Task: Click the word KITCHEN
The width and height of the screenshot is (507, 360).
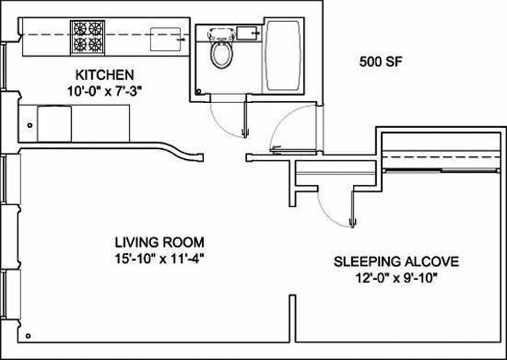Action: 104,74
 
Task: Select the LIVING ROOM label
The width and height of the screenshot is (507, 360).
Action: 159,242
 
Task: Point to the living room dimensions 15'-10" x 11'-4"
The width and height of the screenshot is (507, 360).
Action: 159,257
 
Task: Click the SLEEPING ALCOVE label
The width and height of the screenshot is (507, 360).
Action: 397,261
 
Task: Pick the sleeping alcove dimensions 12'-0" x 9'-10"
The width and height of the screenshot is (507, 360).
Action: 397,277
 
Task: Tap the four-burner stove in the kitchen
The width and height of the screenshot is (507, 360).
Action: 88,36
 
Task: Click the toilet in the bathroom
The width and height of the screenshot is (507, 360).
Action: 218,50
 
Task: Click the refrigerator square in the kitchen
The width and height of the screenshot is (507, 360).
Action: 54,123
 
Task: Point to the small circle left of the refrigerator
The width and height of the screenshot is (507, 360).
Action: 28,126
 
